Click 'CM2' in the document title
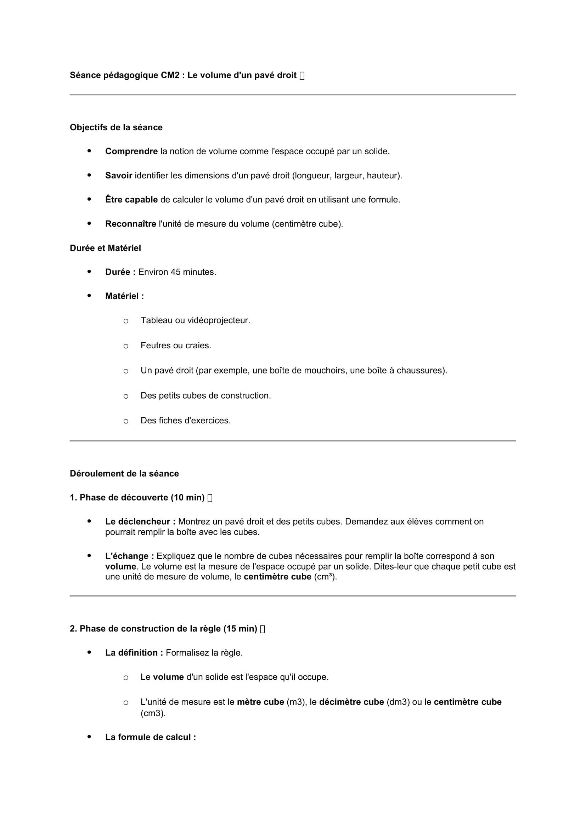pos(170,75)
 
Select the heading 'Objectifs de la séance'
pos(116,127)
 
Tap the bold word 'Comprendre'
pos(131,152)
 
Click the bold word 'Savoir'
pos(118,176)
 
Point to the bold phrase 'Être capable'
pos(131,200)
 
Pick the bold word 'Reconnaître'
pos(131,224)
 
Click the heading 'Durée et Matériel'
pos(105,248)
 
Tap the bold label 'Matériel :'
pos(124,296)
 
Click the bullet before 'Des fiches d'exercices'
pos(125,421)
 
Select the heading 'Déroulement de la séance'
pos(124,474)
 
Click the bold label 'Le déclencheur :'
pos(140,521)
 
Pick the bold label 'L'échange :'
pos(130,556)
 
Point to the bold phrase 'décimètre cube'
pos(351,702)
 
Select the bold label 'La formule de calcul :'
pos(151,737)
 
